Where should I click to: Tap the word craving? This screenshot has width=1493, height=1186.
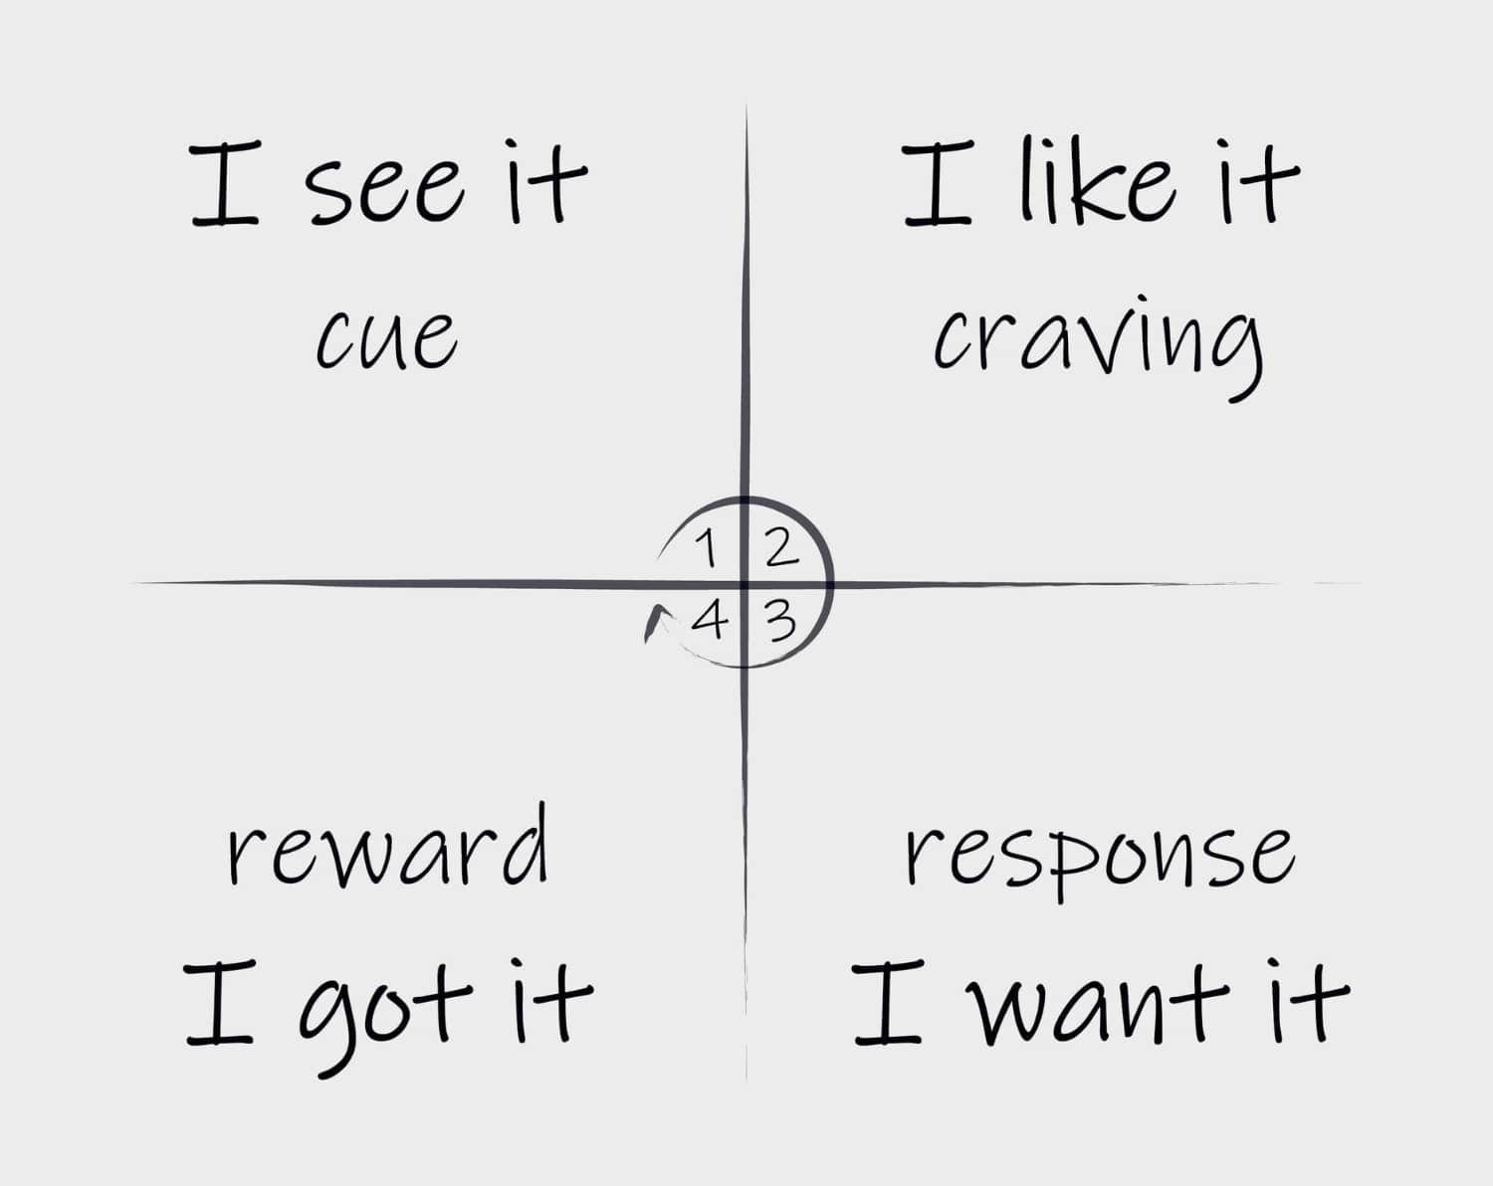pos(1098,343)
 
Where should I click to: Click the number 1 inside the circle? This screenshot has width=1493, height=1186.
pos(707,548)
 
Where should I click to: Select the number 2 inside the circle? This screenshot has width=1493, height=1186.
pos(780,548)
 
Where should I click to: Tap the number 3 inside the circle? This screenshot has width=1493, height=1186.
pos(781,622)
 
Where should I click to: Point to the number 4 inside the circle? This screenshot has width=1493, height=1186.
pos(709,622)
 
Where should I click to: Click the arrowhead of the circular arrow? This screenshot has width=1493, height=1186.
pos(652,623)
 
